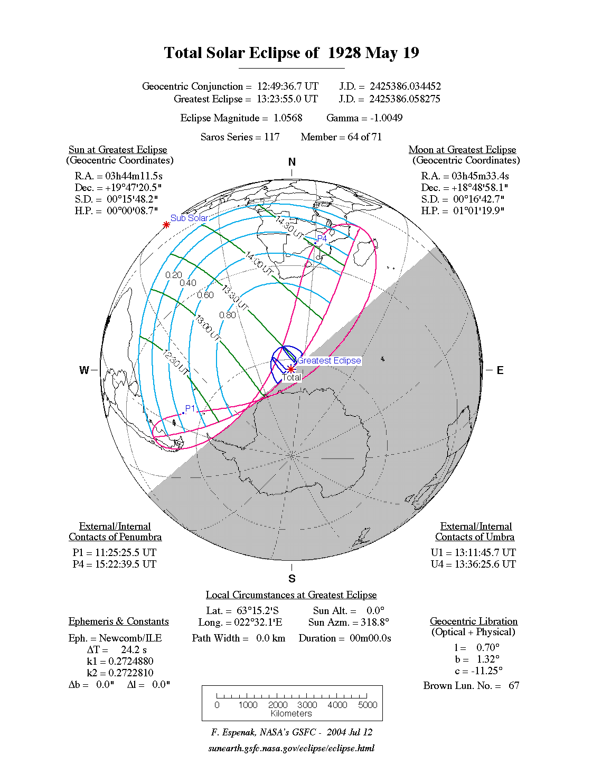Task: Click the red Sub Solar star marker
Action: pyautogui.click(x=166, y=225)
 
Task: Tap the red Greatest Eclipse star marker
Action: pyautogui.click(x=290, y=369)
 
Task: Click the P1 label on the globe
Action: pyautogui.click(x=190, y=409)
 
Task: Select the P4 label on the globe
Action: pyautogui.click(x=322, y=239)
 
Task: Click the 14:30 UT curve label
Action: pyautogui.click(x=290, y=227)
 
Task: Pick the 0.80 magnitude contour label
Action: pyautogui.click(x=228, y=315)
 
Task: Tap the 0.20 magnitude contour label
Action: pyautogui.click(x=173, y=275)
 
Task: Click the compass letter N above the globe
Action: pyautogui.click(x=292, y=162)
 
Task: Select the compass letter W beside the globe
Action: pyautogui.click(x=84, y=370)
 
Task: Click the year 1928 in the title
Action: pyautogui.click(x=344, y=53)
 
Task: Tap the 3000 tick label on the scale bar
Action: pyautogui.click(x=307, y=705)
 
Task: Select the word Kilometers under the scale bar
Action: pyautogui.click(x=291, y=713)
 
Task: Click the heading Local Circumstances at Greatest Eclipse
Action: pyautogui.click(x=291, y=595)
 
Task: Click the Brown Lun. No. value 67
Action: pyautogui.click(x=514, y=685)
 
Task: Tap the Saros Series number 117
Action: pyautogui.click(x=272, y=137)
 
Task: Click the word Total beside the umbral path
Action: pyautogui.click(x=291, y=377)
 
